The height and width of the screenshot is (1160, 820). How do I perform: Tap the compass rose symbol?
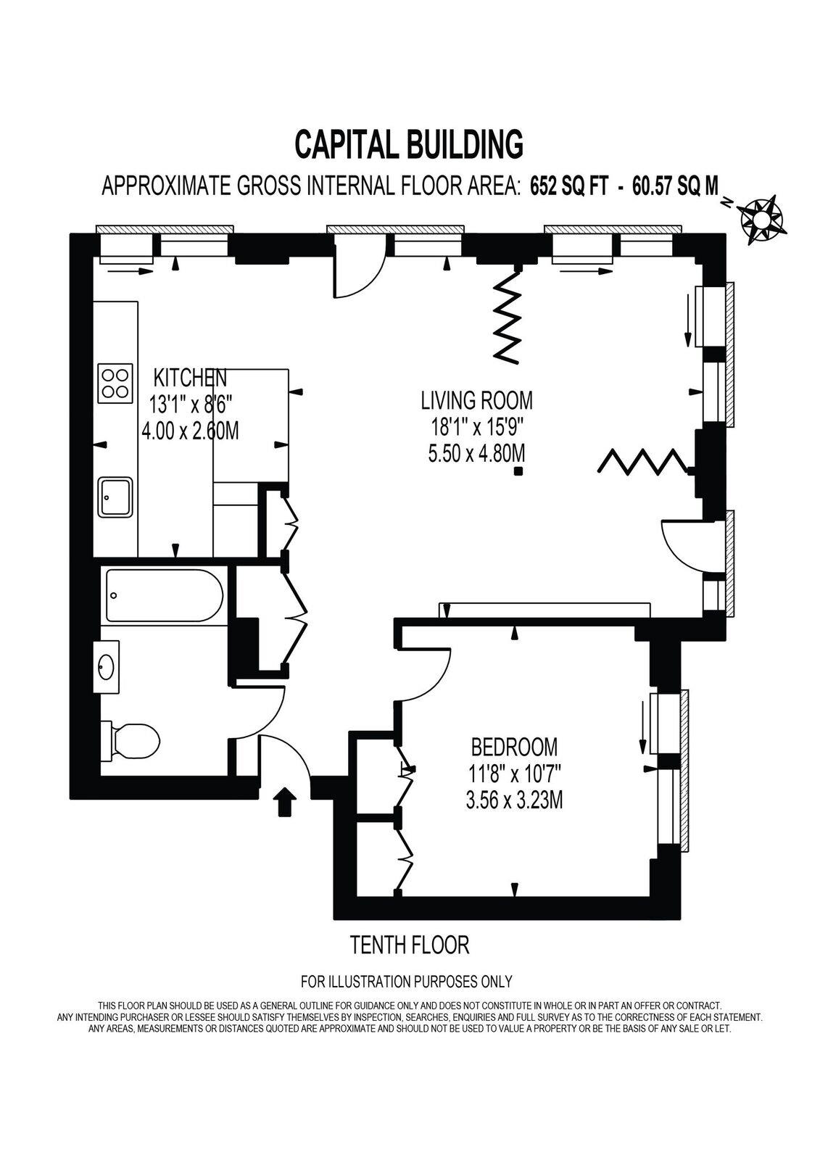762,220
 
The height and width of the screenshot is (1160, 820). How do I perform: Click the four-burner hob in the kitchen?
115,384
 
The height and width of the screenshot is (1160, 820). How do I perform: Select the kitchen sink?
116,496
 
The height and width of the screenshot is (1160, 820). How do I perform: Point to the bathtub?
165,595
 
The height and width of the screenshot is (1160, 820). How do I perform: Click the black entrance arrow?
284,802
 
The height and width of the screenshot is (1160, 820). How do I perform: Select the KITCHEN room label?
190,378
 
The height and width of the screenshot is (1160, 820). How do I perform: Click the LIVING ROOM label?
476,400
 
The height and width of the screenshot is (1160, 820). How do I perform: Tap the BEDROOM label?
514,747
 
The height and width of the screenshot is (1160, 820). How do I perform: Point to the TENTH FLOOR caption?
410,945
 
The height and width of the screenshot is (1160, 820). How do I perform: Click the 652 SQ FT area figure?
568,186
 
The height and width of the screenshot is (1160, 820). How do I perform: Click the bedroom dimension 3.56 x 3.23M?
514,801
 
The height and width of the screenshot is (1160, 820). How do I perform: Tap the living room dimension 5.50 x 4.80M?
476,454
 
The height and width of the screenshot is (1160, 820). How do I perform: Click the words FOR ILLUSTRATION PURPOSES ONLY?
407,982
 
